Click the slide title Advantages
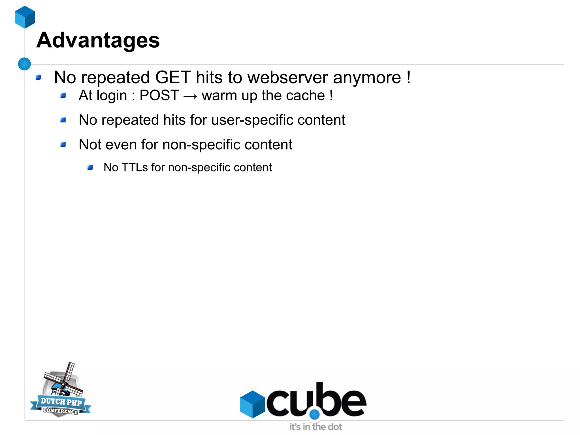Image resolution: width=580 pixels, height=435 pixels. pos(98,40)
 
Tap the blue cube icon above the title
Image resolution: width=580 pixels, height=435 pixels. pos(25,17)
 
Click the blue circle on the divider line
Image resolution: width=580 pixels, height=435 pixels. pos(24,64)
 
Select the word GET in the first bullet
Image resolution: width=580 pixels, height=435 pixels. pos(173,77)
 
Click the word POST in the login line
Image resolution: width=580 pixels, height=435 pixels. pos(159,96)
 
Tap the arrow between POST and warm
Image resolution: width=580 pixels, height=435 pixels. pos(190,96)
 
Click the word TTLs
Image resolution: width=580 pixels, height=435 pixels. pos(135,167)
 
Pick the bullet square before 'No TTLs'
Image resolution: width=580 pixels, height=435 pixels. pos(90,167)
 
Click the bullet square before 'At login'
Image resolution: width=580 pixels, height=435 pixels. pos(63,96)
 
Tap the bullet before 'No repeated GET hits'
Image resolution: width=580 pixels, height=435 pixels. pos(38,77)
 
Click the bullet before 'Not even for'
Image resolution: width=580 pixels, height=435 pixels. pos(63,145)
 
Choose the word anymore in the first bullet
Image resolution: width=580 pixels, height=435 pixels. pos(367,77)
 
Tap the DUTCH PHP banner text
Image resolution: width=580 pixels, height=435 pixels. pos(61,402)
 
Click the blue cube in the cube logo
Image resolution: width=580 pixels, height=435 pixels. pos(252,404)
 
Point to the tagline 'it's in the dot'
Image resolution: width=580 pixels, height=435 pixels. pos(315,426)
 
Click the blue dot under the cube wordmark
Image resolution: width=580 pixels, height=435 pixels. pos(314,414)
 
